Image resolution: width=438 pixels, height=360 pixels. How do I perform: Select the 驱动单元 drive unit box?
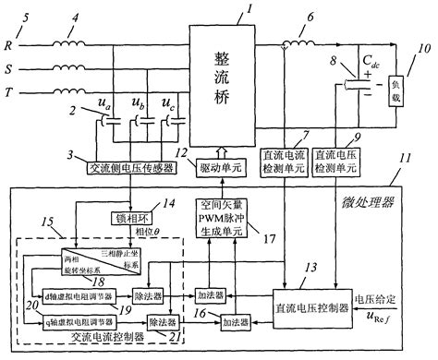pos(222,169)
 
